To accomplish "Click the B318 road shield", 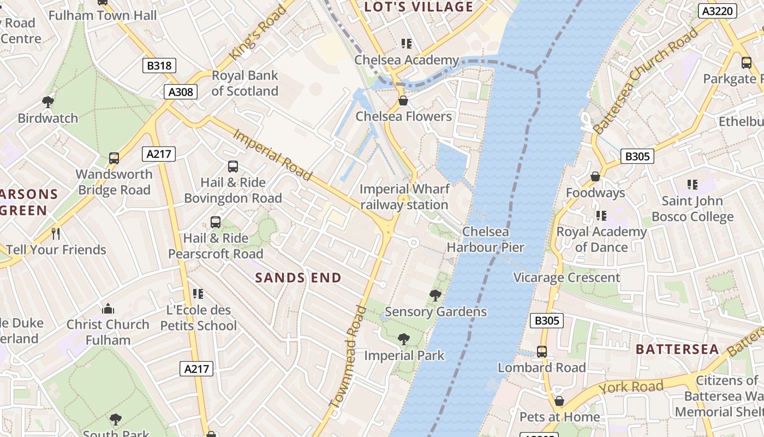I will [159, 66].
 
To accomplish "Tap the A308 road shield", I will [181, 92].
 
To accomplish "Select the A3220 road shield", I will [717, 10].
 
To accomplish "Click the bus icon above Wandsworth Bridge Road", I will [114, 158].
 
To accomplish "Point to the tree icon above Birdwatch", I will [48, 102].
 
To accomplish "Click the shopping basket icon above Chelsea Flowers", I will [403, 101].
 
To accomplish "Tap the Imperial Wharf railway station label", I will [404, 197].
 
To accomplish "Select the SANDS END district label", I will [299, 277].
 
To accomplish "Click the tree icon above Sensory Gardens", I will [435, 296].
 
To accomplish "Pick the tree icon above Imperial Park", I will [404, 339].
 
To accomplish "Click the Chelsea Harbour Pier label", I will [485, 240].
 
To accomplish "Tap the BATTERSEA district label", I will [677, 350].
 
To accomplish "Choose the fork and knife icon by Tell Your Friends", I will [56, 234].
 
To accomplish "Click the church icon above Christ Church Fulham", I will [108, 309].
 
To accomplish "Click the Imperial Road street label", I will [272, 155].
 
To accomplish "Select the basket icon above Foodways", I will [595, 177].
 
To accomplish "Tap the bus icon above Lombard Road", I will [542, 351].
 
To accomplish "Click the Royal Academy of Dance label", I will [601, 240].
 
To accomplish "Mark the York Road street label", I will [631, 387].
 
